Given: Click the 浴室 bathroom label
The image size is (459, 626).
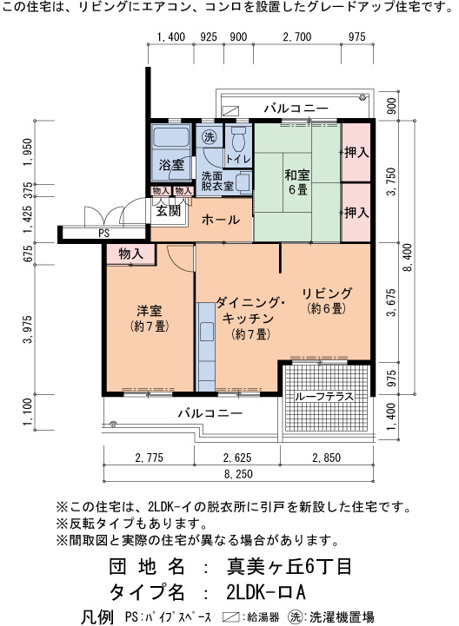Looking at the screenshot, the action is [x=171, y=164].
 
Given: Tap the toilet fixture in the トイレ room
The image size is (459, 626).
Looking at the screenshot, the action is [x=239, y=138].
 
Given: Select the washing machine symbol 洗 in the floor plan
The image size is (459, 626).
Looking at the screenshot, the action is [x=209, y=137].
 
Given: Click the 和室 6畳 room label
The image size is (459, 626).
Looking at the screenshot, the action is [x=297, y=181].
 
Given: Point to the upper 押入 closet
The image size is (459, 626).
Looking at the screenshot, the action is [x=356, y=152].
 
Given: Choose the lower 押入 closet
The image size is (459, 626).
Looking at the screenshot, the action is [x=356, y=213].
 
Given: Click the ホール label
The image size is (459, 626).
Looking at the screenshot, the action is [x=220, y=219].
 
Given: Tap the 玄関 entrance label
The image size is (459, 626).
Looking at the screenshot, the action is [x=168, y=210].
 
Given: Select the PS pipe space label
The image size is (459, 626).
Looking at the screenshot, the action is [x=103, y=233].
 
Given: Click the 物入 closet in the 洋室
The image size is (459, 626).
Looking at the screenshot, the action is [x=130, y=254].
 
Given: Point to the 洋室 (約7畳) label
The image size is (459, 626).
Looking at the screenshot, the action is [x=150, y=318].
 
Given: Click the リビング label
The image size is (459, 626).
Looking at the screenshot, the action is [x=327, y=293].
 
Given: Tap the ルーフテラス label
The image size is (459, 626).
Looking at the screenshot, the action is [x=324, y=397].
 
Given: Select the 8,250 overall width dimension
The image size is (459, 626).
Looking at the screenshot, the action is [x=238, y=474].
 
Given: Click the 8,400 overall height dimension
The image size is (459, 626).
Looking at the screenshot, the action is [x=408, y=258].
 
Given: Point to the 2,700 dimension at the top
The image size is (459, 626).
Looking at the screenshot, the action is [x=297, y=36].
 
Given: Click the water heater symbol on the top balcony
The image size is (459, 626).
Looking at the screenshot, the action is [x=230, y=110].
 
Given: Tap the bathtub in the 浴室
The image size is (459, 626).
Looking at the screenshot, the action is [x=171, y=138].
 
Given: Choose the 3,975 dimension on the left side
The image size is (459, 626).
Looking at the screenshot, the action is [x=28, y=329].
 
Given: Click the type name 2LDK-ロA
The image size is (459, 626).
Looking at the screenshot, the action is [x=265, y=592].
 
